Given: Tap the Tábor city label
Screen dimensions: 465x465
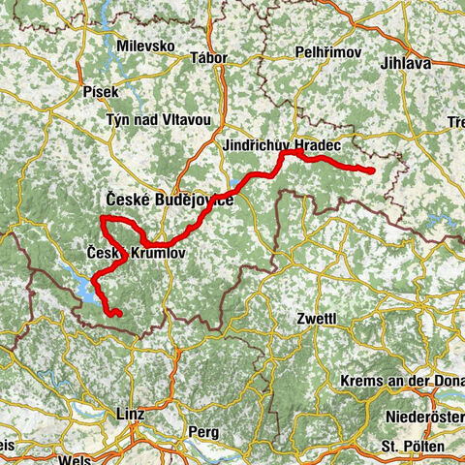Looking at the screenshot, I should (210, 58).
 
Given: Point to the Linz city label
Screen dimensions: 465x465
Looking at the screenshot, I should (130, 412).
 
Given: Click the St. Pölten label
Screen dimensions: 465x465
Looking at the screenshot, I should (413, 447).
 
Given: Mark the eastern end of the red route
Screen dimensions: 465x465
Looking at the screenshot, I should (372, 170).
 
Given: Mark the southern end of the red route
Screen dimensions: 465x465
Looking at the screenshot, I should (117, 314).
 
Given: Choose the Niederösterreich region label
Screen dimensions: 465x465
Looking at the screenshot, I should (426, 420).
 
